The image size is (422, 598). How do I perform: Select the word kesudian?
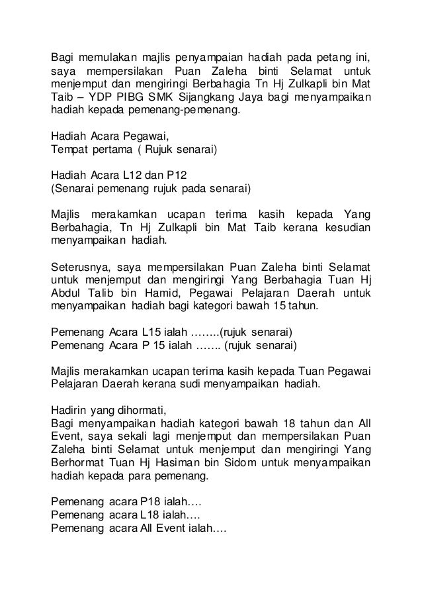(x=345, y=227)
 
